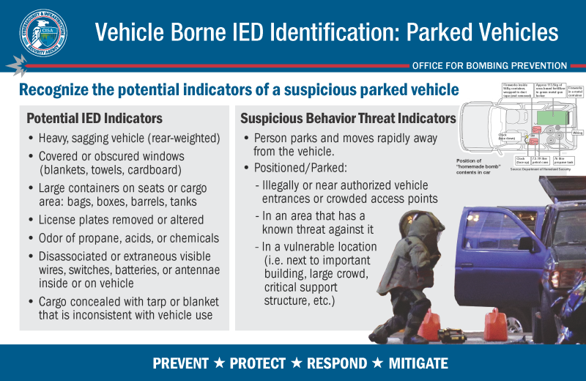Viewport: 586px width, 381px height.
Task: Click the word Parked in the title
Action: [x=448, y=33]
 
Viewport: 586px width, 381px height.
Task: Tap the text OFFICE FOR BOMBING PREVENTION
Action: [x=489, y=65]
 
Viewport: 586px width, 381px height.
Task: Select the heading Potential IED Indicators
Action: [x=94, y=118]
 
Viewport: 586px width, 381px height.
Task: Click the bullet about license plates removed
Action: [x=121, y=219]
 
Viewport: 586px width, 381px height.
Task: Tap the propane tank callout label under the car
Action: [x=563, y=159]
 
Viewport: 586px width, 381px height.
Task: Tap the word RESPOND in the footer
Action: [x=336, y=363]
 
